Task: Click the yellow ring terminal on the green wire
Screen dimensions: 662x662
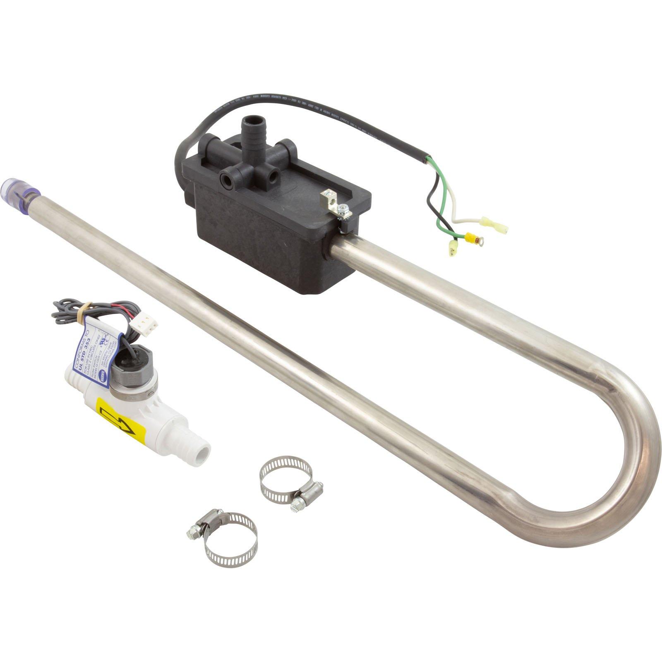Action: coord(475,238)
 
